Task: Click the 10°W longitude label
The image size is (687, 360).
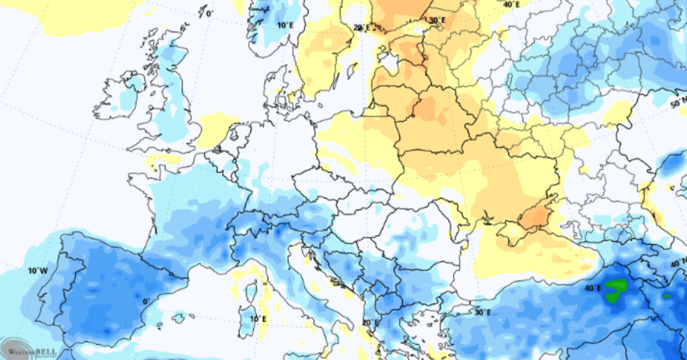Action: [x=38, y=271]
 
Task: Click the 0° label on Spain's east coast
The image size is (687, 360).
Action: [x=147, y=301]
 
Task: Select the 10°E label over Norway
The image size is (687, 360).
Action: [x=285, y=25]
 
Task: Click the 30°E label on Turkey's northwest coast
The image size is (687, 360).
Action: [x=482, y=312]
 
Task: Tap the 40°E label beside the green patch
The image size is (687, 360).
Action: [x=592, y=288]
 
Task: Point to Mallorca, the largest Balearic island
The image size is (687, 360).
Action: [x=179, y=317]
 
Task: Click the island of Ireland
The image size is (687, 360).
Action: [x=125, y=94]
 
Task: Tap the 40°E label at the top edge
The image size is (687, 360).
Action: [x=511, y=5]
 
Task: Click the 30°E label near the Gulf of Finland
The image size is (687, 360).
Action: [x=437, y=20]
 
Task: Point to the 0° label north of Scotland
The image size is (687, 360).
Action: [x=209, y=13]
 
